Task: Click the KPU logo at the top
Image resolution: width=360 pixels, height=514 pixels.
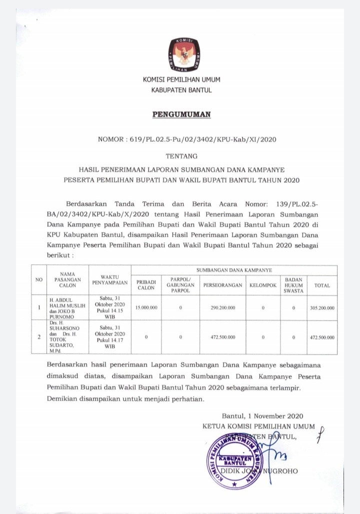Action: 181,54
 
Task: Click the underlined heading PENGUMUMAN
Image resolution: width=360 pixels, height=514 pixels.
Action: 181,115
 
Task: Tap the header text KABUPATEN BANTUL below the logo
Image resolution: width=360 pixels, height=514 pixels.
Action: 181,90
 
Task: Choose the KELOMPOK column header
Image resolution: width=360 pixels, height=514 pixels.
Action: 262,285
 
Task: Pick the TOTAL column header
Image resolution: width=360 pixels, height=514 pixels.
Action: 322,285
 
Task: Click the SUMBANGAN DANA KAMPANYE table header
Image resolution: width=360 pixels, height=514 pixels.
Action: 234,270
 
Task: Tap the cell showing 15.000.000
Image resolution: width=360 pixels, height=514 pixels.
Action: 146,308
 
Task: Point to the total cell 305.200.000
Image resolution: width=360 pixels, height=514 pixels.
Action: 322,308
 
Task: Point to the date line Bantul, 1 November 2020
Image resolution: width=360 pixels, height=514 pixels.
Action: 262,416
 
